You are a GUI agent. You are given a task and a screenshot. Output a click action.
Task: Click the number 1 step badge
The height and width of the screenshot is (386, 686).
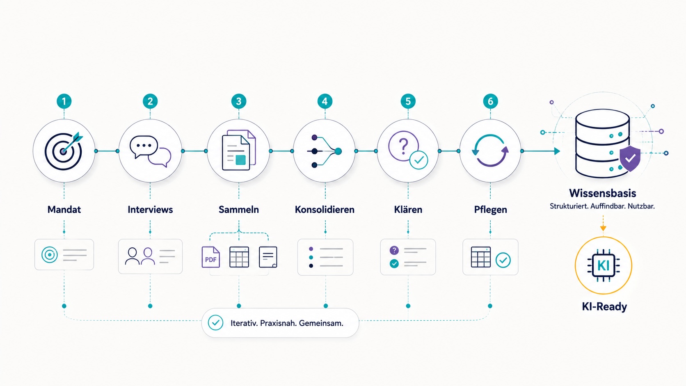(64, 101)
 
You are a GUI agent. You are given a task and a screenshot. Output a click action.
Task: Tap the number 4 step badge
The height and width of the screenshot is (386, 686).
(325, 101)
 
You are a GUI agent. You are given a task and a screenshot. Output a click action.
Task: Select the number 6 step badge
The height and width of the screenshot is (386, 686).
(490, 101)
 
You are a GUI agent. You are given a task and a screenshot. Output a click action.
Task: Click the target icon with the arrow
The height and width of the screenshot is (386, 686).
(64, 151)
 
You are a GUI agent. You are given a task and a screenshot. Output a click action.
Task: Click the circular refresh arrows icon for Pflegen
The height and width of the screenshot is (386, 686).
(490, 151)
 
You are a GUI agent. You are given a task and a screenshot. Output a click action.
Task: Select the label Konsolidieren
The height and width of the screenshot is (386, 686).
(325, 210)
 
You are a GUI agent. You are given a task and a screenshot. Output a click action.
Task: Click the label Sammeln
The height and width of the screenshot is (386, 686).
(238, 210)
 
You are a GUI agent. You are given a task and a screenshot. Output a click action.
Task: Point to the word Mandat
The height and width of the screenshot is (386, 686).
(64, 210)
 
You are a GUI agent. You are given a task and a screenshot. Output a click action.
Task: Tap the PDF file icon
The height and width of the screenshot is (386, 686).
(211, 257)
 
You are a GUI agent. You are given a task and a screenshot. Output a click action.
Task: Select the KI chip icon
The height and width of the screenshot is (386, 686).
(603, 265)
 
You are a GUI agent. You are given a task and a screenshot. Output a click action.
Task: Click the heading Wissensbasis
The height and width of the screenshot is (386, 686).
(602, 193)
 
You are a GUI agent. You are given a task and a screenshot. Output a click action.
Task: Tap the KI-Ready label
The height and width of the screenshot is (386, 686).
(604, 306)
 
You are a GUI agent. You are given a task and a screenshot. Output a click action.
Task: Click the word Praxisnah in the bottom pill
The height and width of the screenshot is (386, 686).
(278, 323)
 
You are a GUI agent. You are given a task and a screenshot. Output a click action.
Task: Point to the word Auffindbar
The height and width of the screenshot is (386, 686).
(608, 206)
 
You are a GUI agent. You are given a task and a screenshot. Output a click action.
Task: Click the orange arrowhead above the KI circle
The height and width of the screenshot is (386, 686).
(603, 228)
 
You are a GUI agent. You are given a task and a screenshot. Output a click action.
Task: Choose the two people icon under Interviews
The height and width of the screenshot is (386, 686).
(139, 256)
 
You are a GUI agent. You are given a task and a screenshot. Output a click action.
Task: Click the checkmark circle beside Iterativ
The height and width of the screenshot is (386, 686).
(215, 323)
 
